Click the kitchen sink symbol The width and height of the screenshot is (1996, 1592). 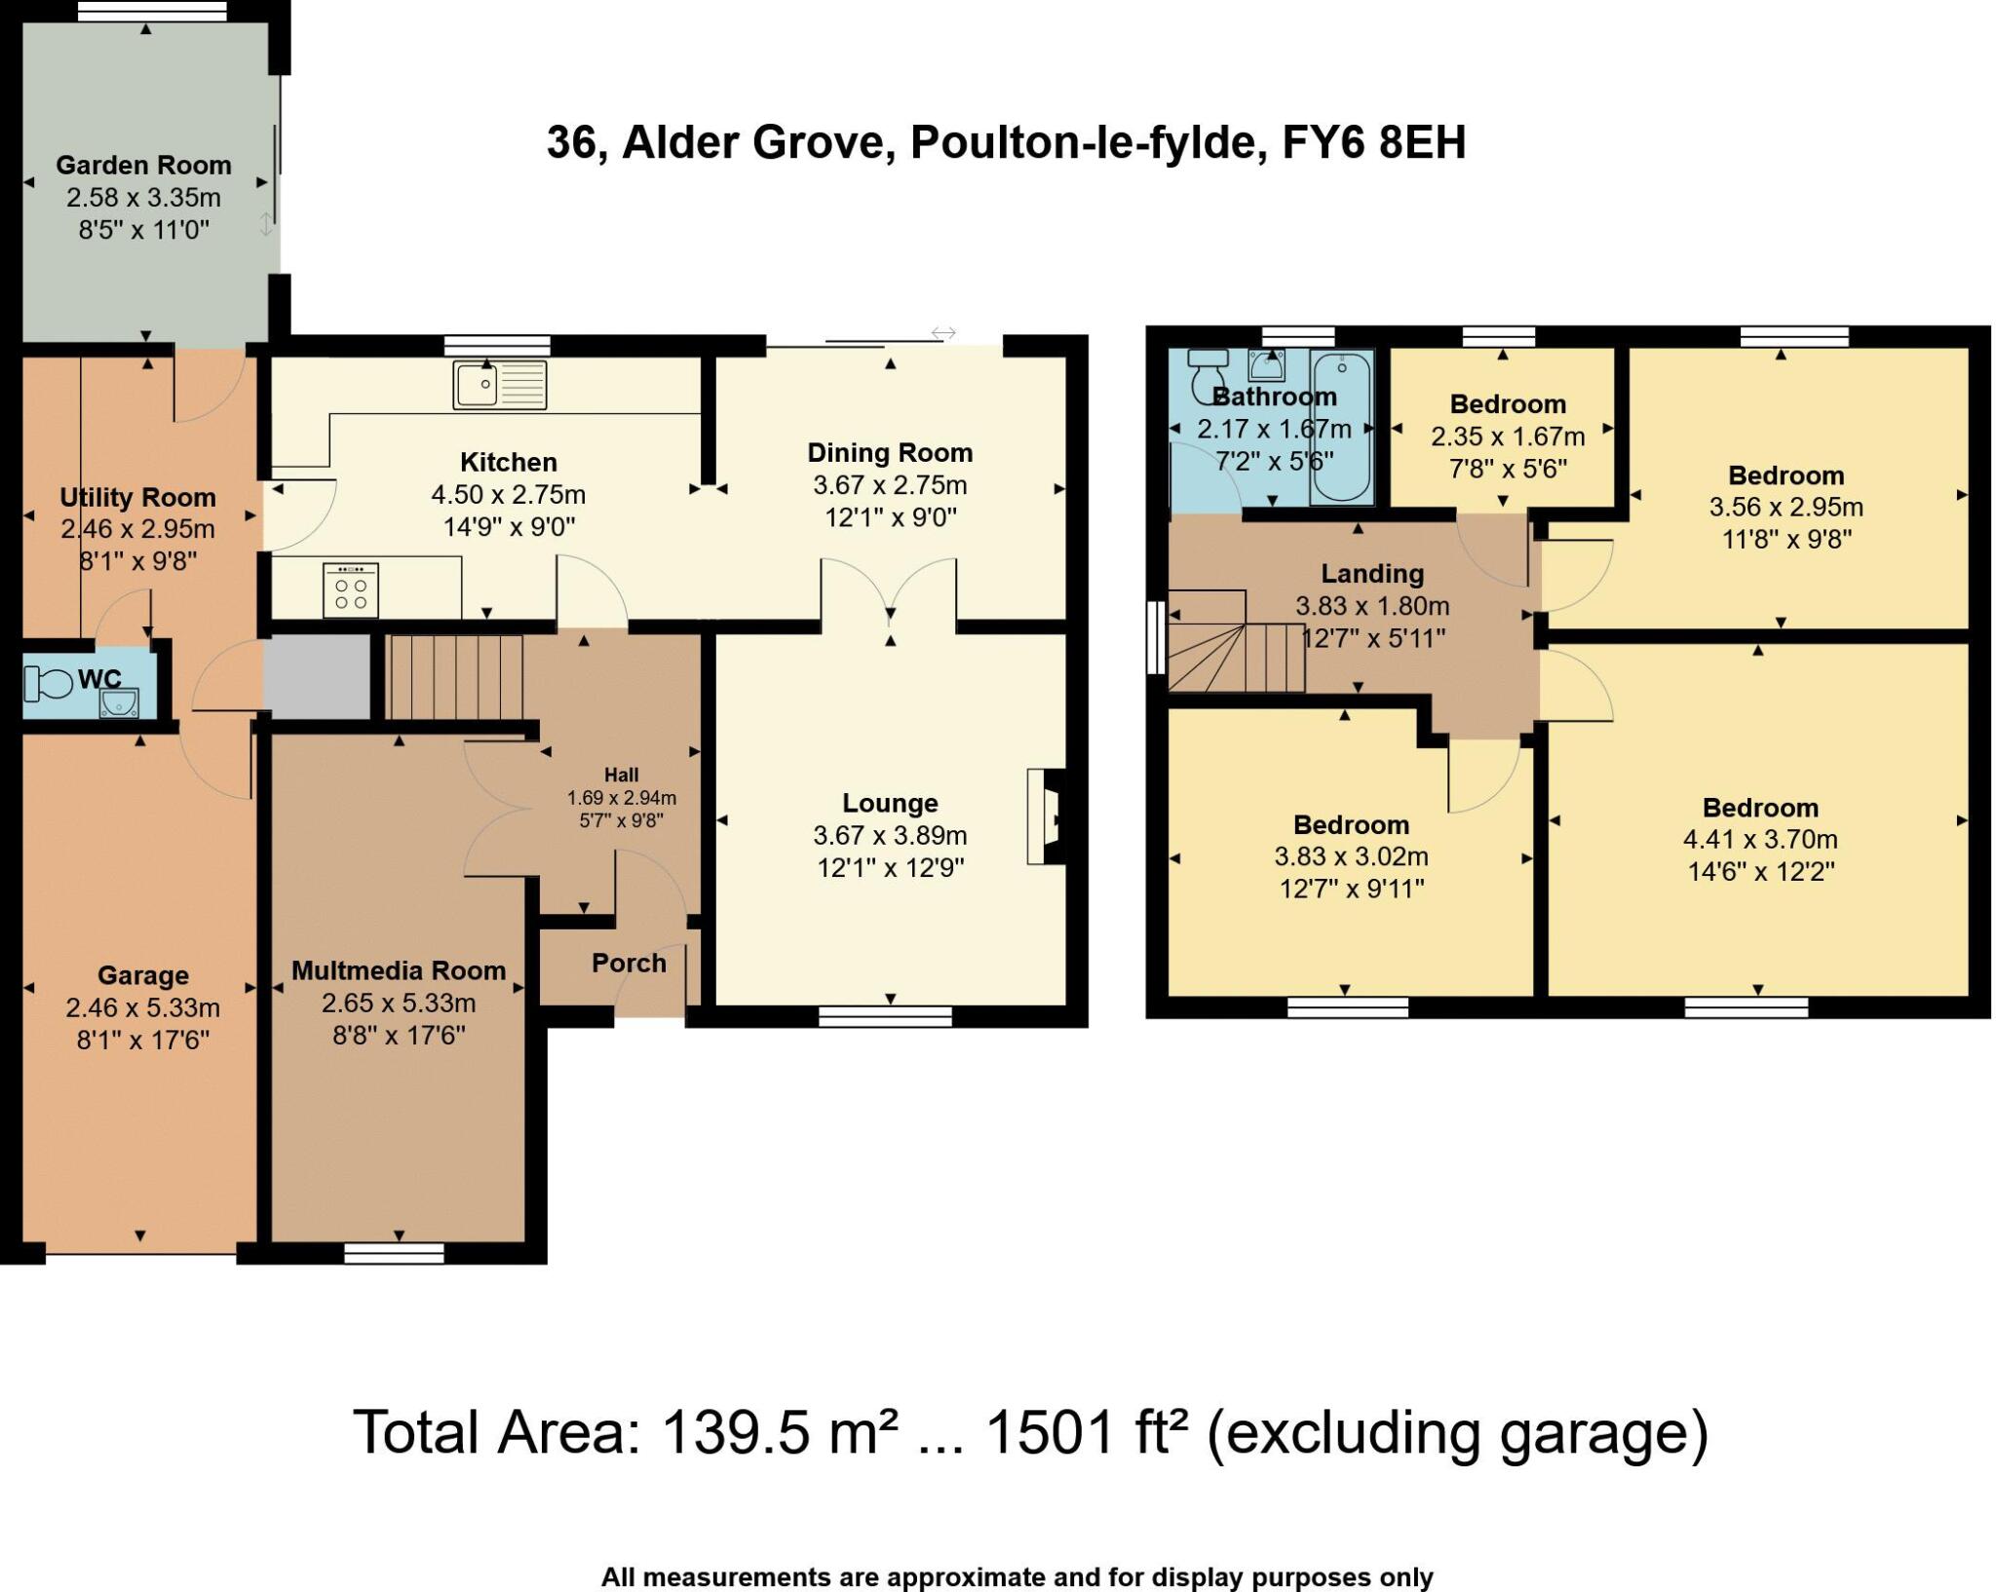[499, 384]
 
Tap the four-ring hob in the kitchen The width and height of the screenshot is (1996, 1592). [351, 589]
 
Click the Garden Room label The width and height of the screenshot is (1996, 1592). [143, 165]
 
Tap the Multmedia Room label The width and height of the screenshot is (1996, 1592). [399, 970]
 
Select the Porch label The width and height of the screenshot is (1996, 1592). [629, 963]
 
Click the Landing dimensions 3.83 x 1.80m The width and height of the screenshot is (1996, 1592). [1372, 606]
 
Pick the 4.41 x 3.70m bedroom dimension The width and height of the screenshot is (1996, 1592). [1760, 839]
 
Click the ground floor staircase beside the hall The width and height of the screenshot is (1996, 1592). [456, 676]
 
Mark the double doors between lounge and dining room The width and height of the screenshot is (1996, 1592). [890, 589]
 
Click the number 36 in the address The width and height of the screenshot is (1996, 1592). [570, 143]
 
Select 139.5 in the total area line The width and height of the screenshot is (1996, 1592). [736, 1433]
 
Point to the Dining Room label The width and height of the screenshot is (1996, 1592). [890, 452]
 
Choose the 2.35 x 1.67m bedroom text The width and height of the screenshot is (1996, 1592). [1508, 436]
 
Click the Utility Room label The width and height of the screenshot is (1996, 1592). [137, 497]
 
